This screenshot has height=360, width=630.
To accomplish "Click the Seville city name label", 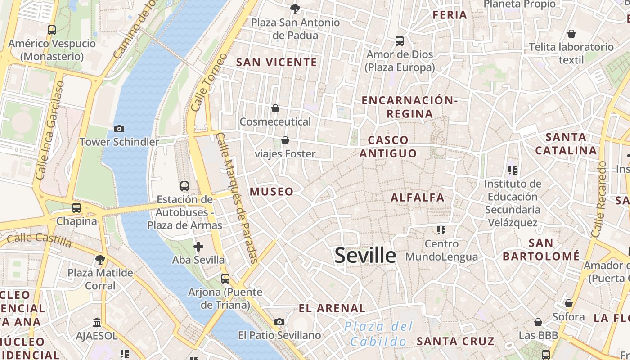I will [x=365, y=256].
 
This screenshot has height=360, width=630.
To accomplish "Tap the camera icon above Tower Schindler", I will [x=119, y=129].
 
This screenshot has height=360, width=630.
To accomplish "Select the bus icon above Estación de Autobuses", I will [x=184, y=186].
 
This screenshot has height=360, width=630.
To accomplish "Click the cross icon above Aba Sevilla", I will [x=198, y=247].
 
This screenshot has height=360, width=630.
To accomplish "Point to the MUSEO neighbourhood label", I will [x=271, y=192].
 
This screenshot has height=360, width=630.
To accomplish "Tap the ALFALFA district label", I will [x=417, y=198].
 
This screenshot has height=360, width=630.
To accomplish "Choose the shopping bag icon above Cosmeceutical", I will [x=275, y=108].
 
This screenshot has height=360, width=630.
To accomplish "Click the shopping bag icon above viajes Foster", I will [x=285, y=141].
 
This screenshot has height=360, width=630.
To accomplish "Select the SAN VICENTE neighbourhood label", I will [x=277, y=63].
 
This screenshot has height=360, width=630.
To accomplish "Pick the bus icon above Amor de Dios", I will [x=399, y=41].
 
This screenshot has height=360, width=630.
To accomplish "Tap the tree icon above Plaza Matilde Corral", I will [x=100, y=259].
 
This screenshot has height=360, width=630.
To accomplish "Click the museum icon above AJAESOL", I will [x=97, y=323].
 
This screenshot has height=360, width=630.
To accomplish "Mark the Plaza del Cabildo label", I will [x=378, y=334].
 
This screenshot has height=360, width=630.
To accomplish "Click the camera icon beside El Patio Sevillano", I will [x=279, y=322].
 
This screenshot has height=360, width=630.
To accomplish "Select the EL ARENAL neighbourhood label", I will [x=332, y=308].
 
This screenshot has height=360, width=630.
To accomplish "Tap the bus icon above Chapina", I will [x=76, y=208].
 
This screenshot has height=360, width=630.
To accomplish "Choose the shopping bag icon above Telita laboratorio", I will [x=571, y=34].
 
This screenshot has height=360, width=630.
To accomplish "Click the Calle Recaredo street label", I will [x=599, y=199].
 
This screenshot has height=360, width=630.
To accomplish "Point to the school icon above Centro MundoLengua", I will [x=441, y=230].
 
